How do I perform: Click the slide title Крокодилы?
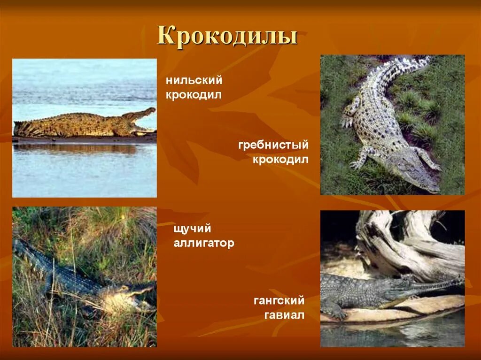click(x=227, y=36)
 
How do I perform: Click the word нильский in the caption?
click(x=194, y=80)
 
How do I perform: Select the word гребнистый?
click(x=273, y=145)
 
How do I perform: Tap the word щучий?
click(x=192, y=229)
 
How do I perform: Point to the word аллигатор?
click(x=203, y=243)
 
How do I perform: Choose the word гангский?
click(x=279, y=300)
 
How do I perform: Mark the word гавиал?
click(x=284, y=315)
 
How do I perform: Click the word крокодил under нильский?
click(x=194, y=95)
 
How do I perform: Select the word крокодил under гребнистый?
click(x=281, y=160)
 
